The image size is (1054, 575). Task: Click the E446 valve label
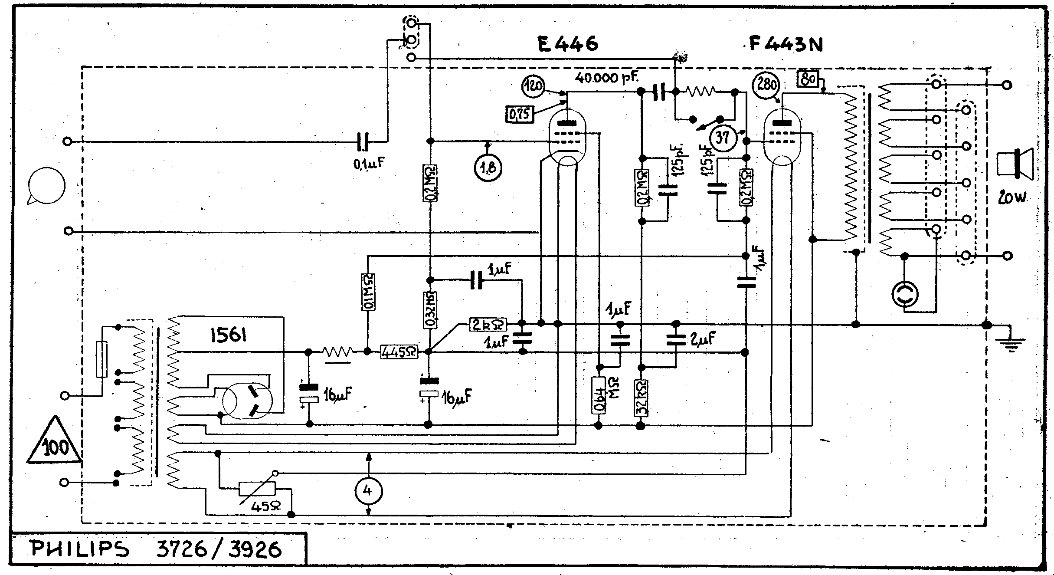coord(567,43)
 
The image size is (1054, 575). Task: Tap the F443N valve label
coord(786,45)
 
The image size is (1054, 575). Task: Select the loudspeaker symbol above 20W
coord(1015,164)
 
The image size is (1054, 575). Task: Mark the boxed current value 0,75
coord(520,115)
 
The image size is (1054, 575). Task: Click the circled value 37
coord(722,138)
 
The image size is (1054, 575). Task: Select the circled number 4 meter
coord(368,491)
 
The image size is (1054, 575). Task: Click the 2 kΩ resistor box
coord(488,324)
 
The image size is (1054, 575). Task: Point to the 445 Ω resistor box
coord(399,352)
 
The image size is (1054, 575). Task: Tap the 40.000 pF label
coord(606,78)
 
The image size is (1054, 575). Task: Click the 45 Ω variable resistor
coord(257,489)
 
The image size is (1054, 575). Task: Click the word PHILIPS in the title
coord(81,549)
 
